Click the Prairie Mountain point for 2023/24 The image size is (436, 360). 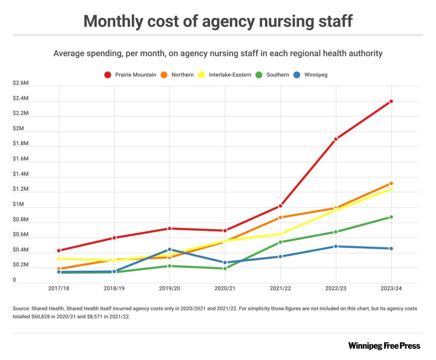pos(391,101)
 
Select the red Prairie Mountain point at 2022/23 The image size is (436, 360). pos(336,139)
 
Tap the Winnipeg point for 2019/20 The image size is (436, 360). pos(170,249)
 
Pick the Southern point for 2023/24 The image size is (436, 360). pos(391,217)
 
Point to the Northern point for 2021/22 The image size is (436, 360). pos(280,217)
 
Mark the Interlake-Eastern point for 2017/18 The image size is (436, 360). pos(59,258)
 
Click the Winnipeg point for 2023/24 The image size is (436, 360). pos(391,248)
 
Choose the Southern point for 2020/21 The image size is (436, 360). pos(225,268)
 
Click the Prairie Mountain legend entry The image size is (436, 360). pos(131,75)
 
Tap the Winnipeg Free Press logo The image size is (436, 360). pos(384,346)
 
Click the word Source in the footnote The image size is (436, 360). pos(21,308)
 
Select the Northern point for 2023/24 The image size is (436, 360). pos(391,183)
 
